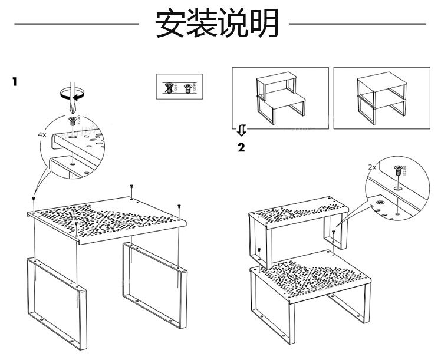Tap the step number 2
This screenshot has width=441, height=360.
point(241,147)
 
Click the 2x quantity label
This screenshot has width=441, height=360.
point(371,167)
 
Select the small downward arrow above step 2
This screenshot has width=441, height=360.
point(241,129)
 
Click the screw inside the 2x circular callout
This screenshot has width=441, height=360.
point(398,171)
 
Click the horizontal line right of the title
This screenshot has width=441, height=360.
point(358,25)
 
